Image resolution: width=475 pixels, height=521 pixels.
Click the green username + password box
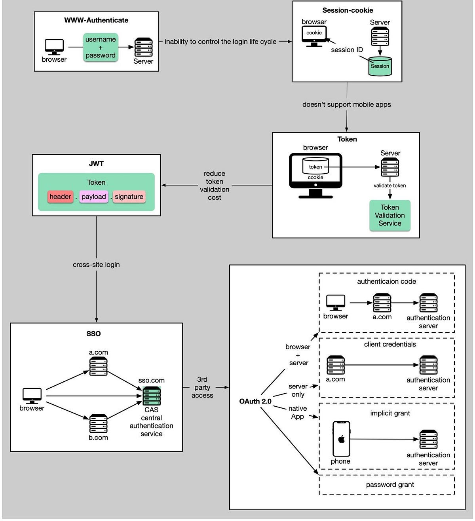101,47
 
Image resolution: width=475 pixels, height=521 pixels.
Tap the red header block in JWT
60,197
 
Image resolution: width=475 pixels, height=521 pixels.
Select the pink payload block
94,197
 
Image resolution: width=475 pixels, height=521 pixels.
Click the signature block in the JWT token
129,197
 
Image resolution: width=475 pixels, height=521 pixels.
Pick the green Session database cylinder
380,66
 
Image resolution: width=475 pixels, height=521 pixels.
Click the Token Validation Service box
389,215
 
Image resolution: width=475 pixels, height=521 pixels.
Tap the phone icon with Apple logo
341,439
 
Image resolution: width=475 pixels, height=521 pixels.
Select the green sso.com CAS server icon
152,396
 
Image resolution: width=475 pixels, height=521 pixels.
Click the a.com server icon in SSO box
98,366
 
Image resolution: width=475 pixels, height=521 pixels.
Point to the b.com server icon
98,423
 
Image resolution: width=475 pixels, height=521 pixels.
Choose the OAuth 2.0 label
255,401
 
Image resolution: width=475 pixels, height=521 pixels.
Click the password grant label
390,485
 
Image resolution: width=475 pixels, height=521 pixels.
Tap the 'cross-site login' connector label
96,265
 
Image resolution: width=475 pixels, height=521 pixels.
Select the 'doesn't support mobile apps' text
346,104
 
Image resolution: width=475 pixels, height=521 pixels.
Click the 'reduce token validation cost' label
214,185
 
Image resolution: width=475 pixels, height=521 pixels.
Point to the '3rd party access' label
202,387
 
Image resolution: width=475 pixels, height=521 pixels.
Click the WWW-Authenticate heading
96,20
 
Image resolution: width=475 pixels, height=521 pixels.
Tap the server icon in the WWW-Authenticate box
143,47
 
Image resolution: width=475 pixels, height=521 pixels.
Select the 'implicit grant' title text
390,413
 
